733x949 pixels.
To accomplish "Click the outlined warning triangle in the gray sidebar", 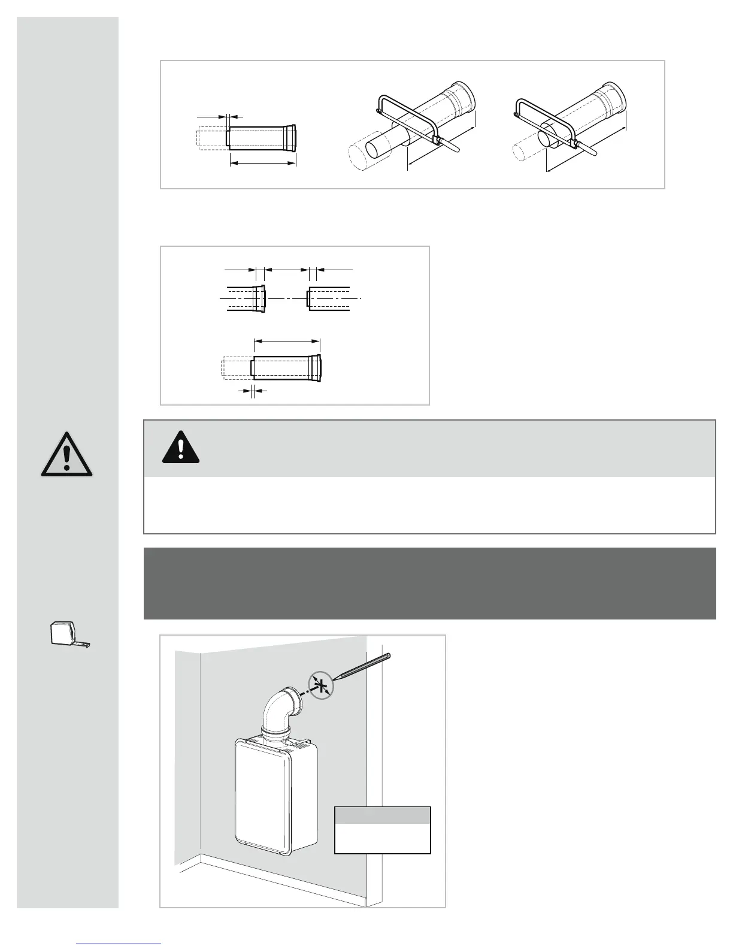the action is [66, 455].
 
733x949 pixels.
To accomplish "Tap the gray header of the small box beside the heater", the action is [382, 815].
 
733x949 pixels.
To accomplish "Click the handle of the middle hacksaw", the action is [453, 146].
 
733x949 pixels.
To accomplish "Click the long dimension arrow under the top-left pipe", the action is [263, 162].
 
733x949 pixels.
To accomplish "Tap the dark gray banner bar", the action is [429, 583].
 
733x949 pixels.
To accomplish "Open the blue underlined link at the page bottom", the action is [119, 943].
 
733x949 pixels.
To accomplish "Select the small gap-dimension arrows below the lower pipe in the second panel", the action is [252, 391].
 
